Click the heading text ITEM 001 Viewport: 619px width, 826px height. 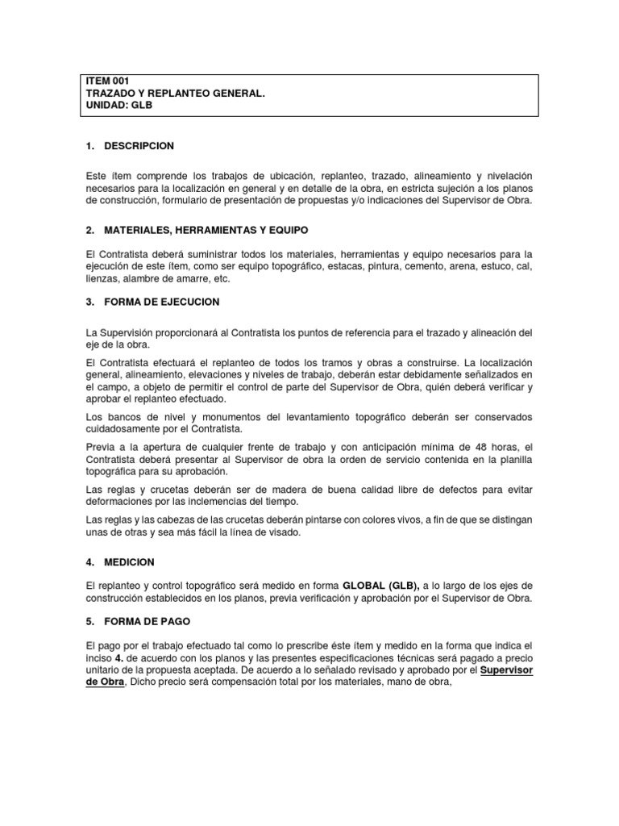point(107,81)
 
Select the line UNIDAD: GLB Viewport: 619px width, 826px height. point(118,106)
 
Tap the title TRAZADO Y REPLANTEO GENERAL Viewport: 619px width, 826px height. point(175,94)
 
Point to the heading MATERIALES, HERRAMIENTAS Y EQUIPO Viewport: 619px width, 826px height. point(206,230)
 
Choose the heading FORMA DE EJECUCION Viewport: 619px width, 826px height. point(162,302)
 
